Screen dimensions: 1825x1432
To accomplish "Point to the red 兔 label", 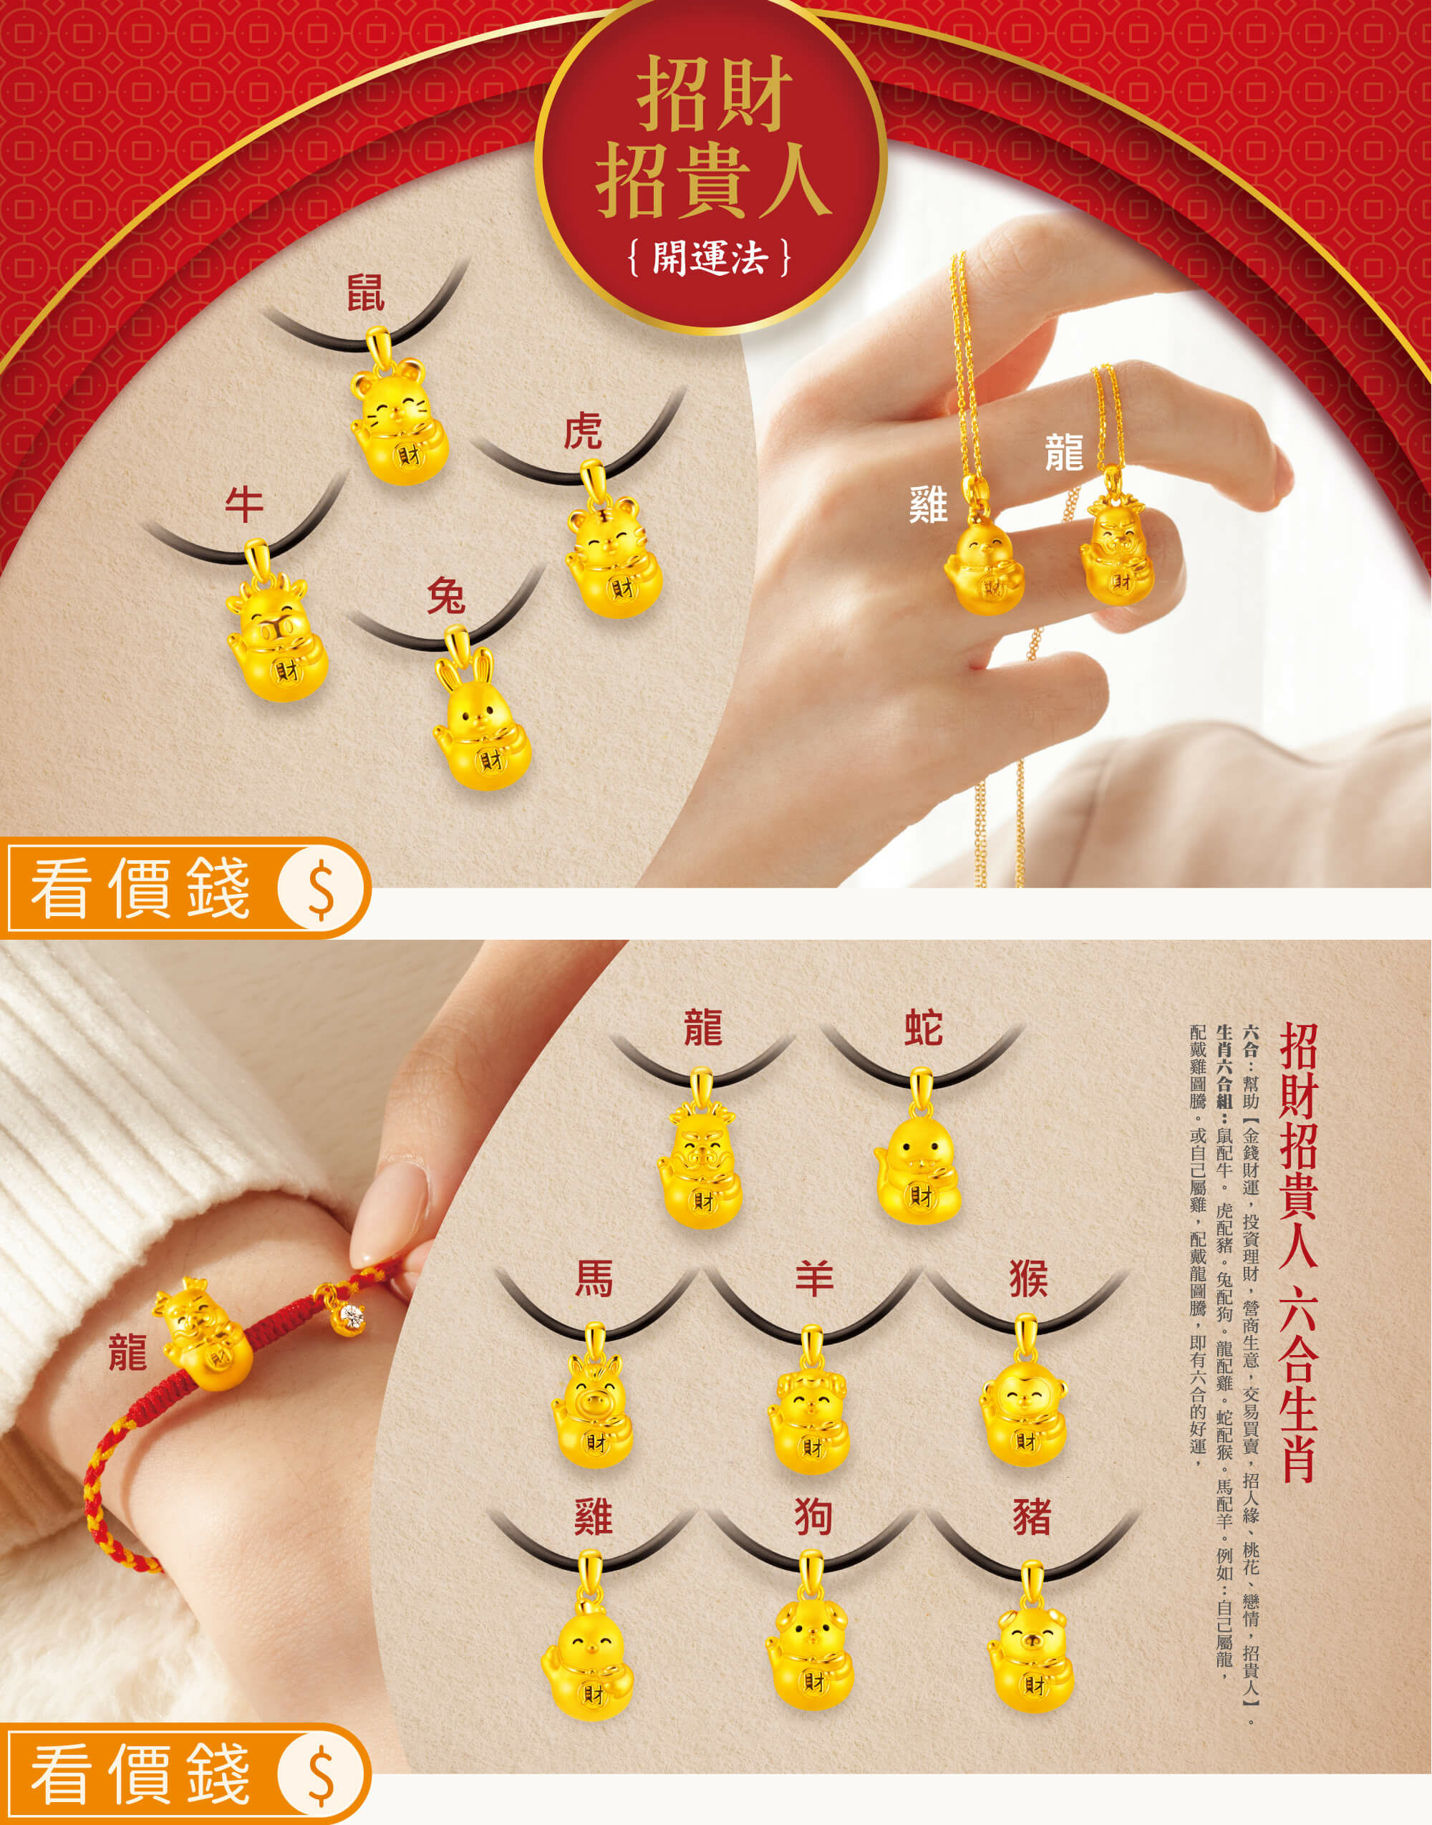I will point(445,597).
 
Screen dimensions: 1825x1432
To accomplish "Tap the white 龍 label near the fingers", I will point(1064,452).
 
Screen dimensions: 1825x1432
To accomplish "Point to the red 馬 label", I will point(593,1280).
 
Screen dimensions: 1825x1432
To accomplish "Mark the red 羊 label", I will point(813,1280).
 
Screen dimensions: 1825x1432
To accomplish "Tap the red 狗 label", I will point(813,1517).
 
